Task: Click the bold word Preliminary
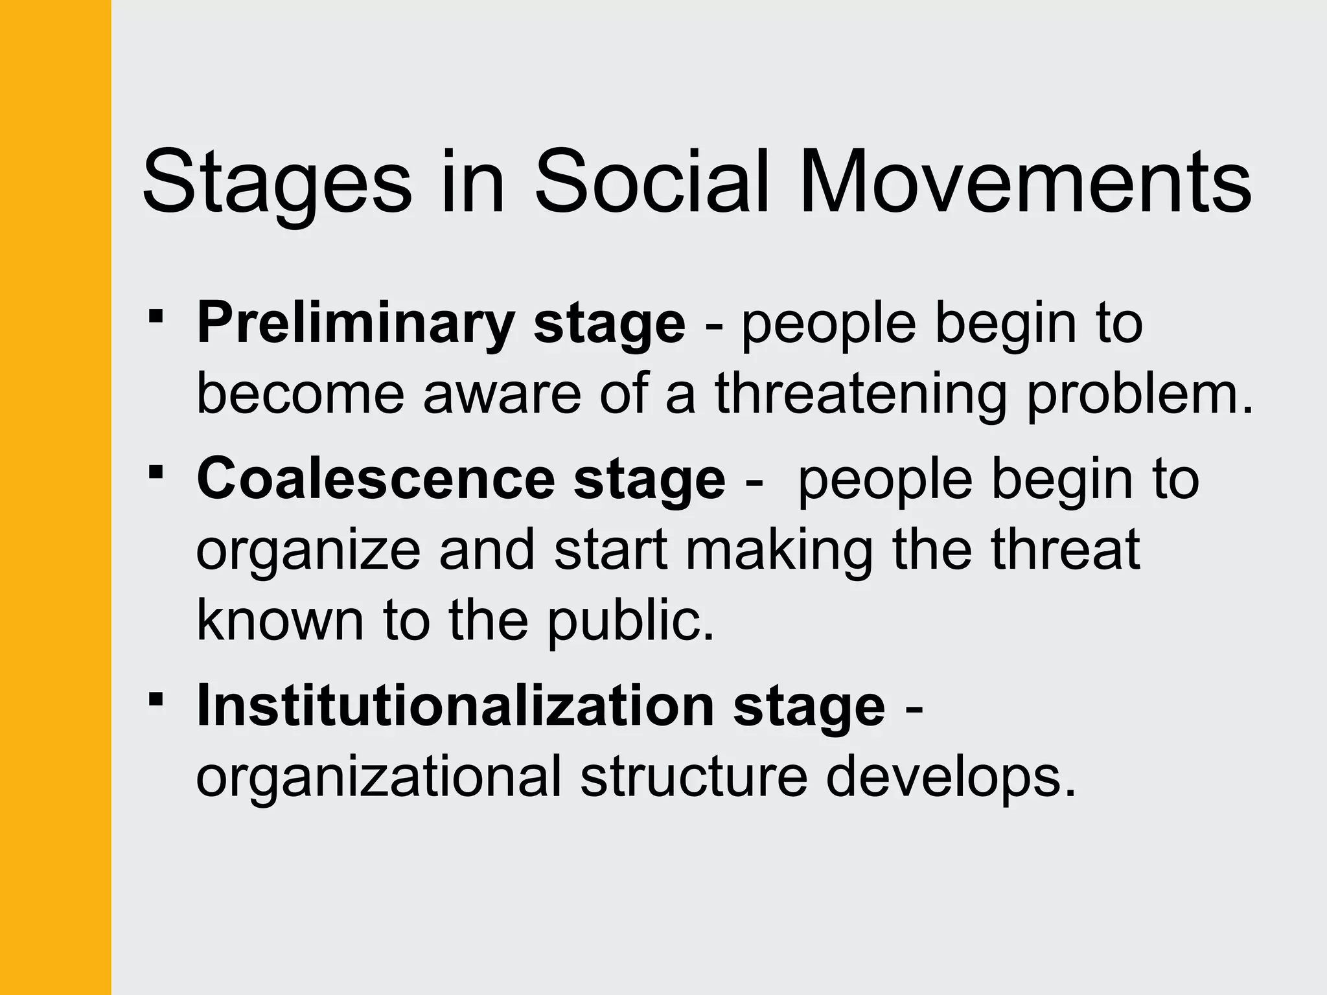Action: tap(355, 324)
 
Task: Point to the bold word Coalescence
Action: tap(376, 479)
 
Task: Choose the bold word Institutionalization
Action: tap(456, 706)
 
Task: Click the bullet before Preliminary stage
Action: tap(156, 317)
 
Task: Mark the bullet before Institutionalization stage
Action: tap(156, 699)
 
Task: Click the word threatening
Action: tap(861, 395)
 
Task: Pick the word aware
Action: tap(502, 395)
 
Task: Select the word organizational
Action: tap(378, 777)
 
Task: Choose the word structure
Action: tap(693, 777)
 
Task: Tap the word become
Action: tap(301, 395)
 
